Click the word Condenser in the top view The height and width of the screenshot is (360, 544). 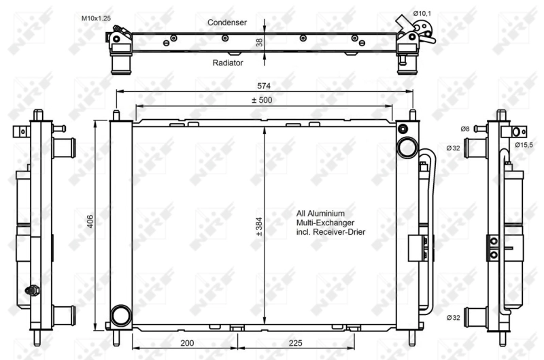(x=227, y=22)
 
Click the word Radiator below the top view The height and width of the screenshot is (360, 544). (x=228, y=62)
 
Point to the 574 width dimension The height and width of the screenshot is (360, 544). (x=264, y=86)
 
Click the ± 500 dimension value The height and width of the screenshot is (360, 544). (x=262, y=100)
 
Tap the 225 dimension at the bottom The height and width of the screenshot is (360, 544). (x=294, y=343)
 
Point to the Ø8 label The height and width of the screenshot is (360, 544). (x=464, y=129)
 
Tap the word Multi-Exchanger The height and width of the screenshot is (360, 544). (x=325, y=223)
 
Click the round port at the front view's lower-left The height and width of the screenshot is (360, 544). (x=120, y=315)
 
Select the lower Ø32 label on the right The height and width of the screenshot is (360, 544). (x=454, y=317)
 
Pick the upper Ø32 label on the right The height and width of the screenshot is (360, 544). (x=454, y=148)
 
